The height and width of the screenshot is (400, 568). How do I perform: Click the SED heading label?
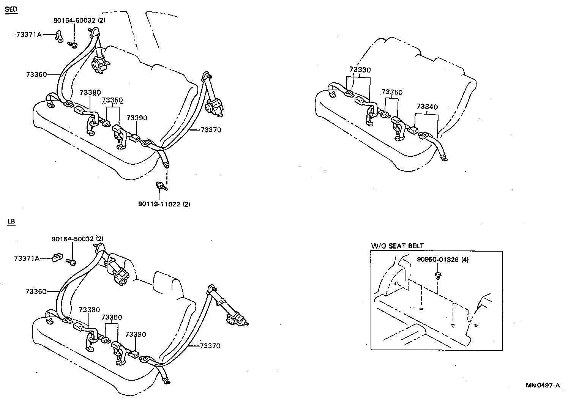point(11,9)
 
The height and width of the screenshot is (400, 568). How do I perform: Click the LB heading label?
point(11,222)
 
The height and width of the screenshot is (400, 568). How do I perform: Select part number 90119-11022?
point(159,204)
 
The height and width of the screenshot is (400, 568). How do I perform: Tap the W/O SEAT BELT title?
point(397,246)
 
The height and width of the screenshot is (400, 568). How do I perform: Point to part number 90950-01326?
point(437,260)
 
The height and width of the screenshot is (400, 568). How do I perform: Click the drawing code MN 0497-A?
point(543,385)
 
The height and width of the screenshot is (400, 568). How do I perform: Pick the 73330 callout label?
point(360,70)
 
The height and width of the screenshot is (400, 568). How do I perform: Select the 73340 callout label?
point(427,107)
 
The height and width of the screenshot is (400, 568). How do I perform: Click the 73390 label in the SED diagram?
point(137,118)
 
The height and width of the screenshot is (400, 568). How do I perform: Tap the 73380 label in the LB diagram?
point(90,310)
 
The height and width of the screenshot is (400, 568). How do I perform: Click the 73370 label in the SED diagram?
point(211,130)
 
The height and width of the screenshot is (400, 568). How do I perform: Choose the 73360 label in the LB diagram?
point(36,291)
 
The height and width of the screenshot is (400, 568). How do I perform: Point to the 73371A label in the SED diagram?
point(29,34)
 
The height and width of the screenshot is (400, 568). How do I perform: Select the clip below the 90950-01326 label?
point(439,275)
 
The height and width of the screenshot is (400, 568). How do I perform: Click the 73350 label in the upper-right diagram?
point(392,92)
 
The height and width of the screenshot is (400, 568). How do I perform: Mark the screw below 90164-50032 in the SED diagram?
point(73,45)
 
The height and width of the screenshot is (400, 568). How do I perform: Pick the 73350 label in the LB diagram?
point(112,317)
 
